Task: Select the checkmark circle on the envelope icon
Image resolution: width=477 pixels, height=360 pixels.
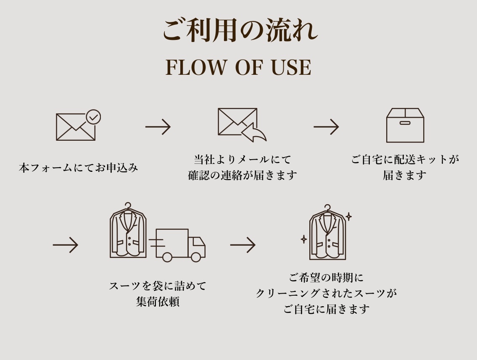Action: click(x=93, y=117)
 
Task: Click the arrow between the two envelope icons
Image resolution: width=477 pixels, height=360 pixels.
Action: click(x=158, y=126)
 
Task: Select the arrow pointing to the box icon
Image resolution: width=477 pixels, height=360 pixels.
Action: click(x=326, y=126)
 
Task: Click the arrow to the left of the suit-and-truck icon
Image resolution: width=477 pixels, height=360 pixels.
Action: click(x=66, y=244)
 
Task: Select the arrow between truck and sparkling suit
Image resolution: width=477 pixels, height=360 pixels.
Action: click(x=243, y=244)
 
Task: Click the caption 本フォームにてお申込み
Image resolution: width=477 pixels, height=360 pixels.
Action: click(x=79, y=168)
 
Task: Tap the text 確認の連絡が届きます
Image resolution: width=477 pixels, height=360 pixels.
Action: click(x=242, y=175)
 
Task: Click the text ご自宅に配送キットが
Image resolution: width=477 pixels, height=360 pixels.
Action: click(x=405, y=160)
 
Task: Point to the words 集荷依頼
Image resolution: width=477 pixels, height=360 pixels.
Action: click(x=158, y=302)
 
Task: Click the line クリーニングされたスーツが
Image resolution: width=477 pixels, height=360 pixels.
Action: click(x=326, y=293)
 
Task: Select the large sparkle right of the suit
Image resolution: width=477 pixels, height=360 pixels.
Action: click(x=348, y=217)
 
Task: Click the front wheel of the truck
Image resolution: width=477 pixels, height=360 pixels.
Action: click(x=196, y=257)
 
